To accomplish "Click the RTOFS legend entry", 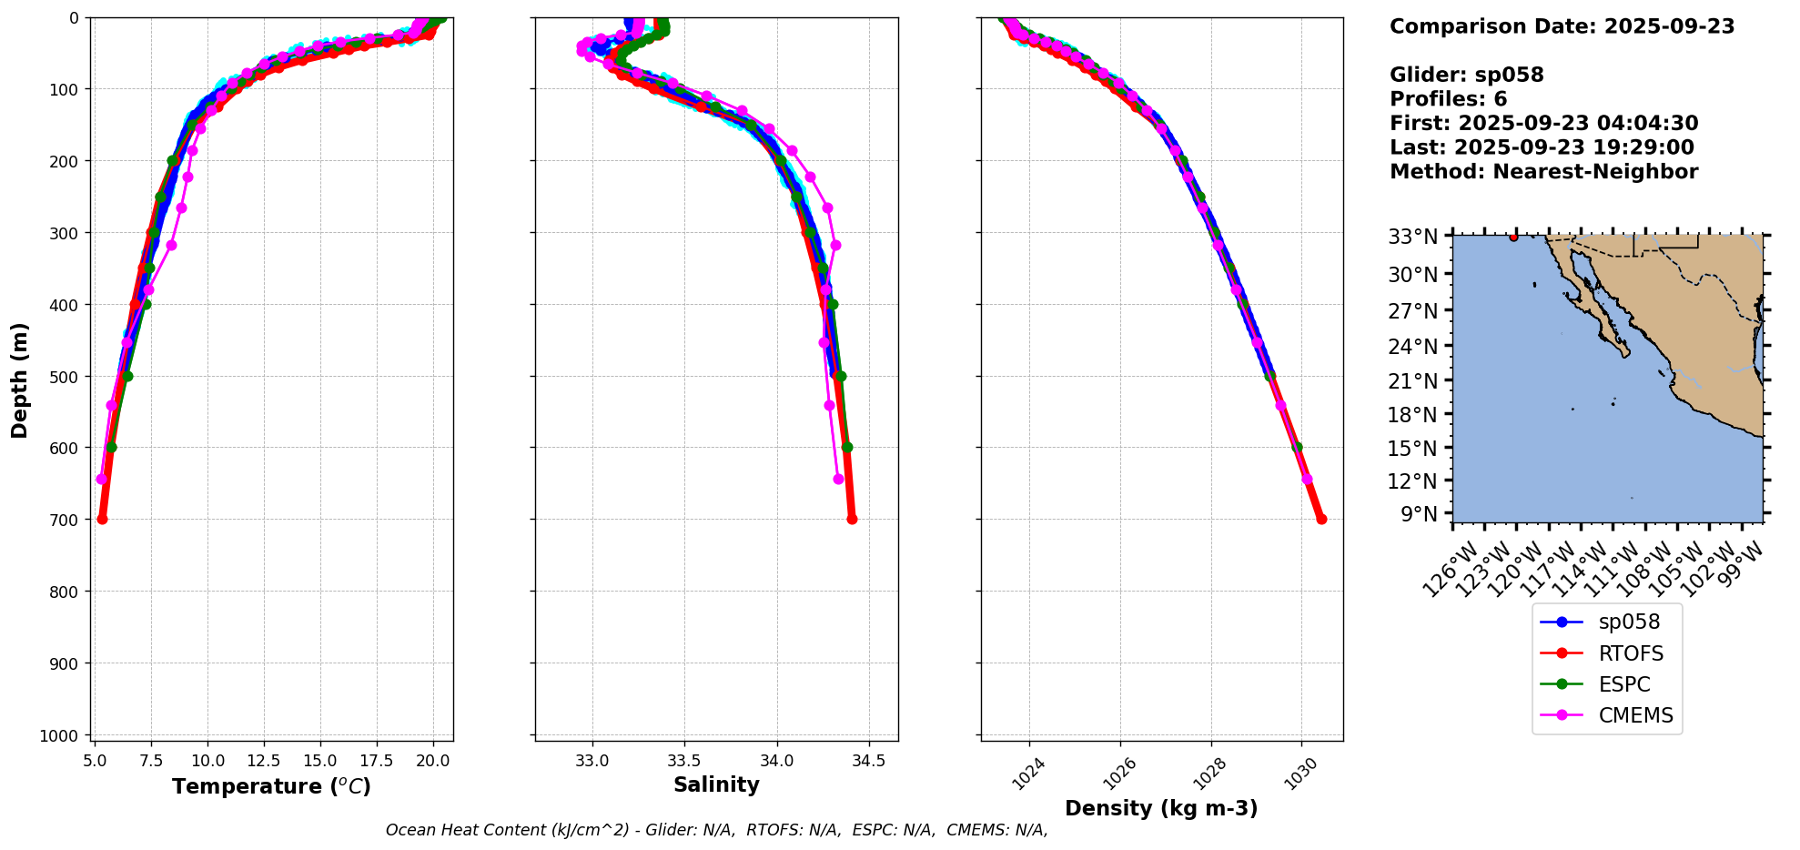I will coord(1630,653).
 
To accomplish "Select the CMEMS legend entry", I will coord(1635,715).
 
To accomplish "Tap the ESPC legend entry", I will coord(1623,684).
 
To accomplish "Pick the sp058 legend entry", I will coord(1629,622).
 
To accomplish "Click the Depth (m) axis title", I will coord(20,379).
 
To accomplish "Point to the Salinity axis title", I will coord(716,784).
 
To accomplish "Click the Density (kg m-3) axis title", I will coord(1161,808).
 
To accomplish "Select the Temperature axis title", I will coord(271,786).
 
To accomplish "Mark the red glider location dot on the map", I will coord(1513,237).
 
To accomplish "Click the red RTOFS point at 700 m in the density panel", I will coord(1321,519).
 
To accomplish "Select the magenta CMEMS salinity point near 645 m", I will coord(838,479).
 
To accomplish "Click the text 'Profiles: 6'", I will coord(1448,99).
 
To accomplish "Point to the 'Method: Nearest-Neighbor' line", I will coord(1543,172).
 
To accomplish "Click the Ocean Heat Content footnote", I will coord(716,830).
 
